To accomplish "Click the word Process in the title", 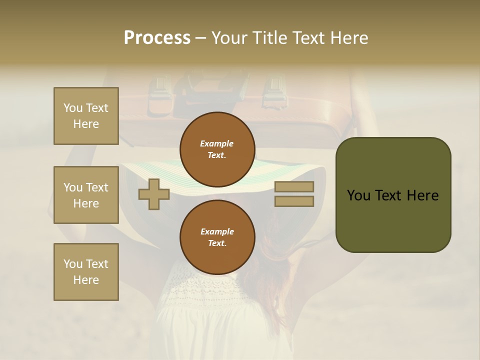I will [157, 38].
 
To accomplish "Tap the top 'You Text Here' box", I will [86, 116].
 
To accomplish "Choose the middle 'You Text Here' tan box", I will [86, 195].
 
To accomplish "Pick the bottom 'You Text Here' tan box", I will [86, 271].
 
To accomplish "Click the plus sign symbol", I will [154, 194].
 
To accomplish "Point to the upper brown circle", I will [217, 149].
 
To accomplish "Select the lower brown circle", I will [217, 237].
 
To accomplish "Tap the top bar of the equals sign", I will [294, 187].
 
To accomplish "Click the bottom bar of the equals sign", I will [294, 201].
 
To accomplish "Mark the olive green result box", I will [393, 194].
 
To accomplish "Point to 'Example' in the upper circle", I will [217, 143].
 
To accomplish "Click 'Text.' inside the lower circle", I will [217, 243].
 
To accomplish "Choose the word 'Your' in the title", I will [231, 38].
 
